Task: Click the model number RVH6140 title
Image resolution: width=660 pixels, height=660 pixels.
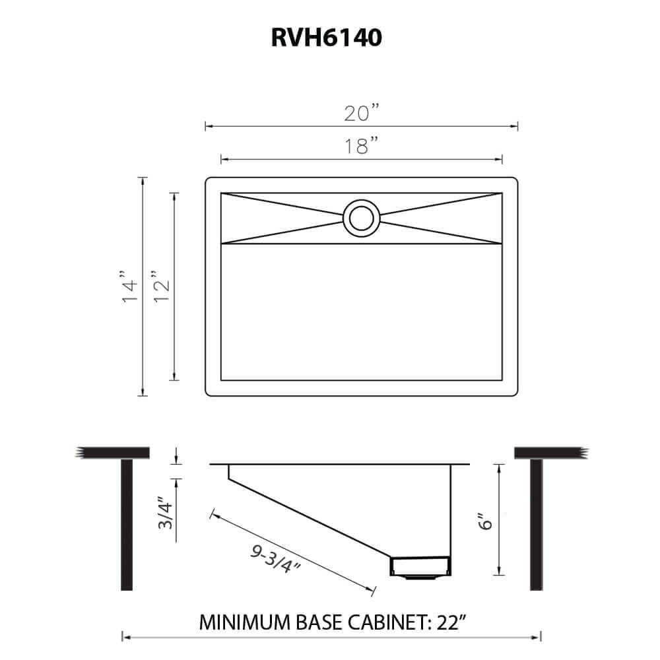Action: pyautogui.click(x=326, y=38)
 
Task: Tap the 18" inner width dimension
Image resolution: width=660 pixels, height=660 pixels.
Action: pyautogui.click(x=361, y=146)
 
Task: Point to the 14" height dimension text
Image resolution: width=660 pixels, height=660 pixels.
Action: pyautogui.click(x=129, y=286)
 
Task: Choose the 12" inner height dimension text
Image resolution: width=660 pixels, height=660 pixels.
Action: pyautogui.click(x=161, y=286)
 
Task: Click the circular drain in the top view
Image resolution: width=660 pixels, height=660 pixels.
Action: pyautogui.click(x=360, y=218)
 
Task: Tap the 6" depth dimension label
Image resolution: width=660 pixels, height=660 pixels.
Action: pyautogui.click(x=486, y=523)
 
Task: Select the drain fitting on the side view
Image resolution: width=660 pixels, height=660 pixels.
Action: pyautogui.click(x=421, y=566)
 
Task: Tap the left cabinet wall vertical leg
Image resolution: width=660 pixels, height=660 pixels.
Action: pyautogui.click(x=127, y=525)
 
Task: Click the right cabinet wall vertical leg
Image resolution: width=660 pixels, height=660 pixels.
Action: pyautogui.click(x=537, y=525)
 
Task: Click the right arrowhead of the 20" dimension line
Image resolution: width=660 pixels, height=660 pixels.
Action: pyautogui.click(x=516, y=126)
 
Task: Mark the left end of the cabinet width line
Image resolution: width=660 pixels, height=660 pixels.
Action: pyautogui.click(x=123, y=637)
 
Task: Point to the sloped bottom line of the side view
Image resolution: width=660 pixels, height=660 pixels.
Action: pyautogui.click(x=310, y=517)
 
